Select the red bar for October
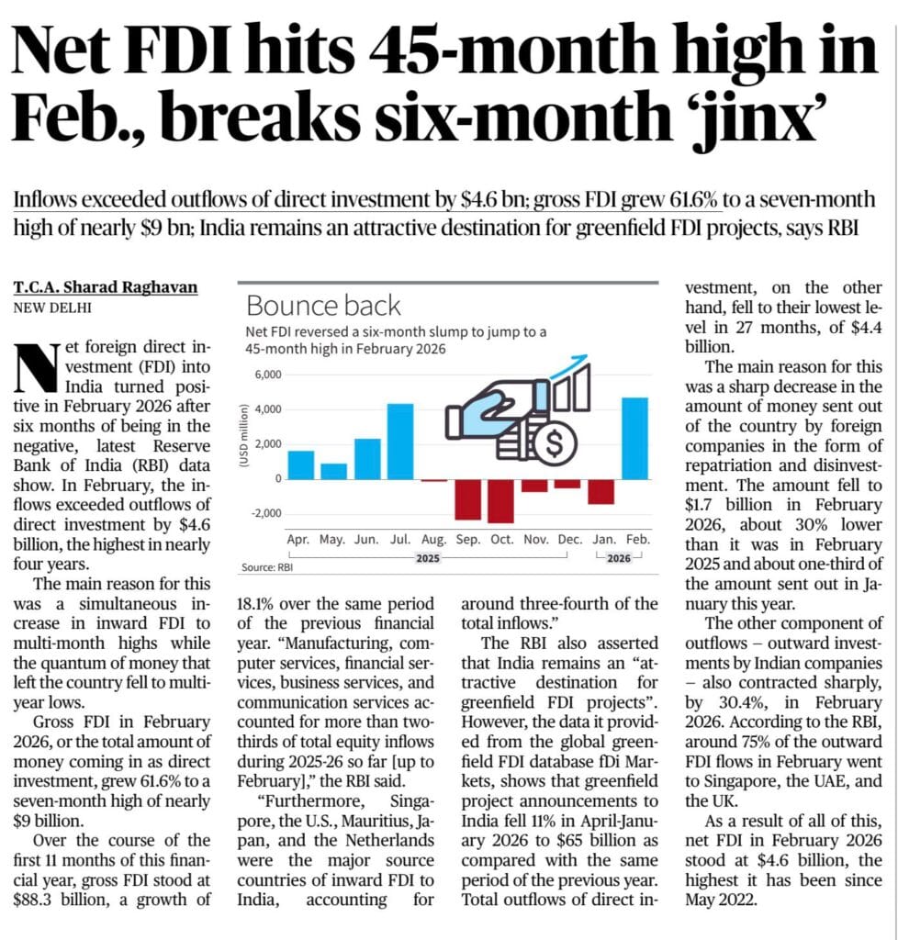click(x=500, y=501)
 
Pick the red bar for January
click(x=601, y=492)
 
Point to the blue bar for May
click(x=333, y=471)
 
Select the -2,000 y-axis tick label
click(x=264, y=513)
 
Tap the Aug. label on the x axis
click(x=433, y=540)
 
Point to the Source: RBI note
click(x=266, y=568)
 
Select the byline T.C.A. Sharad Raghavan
click(x=105, y=287)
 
